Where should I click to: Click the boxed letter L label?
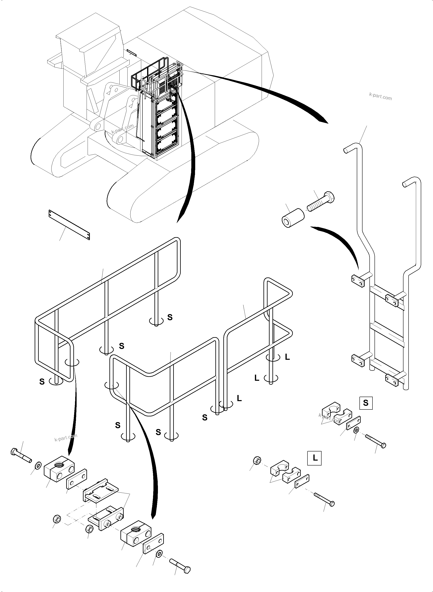click(314, 458)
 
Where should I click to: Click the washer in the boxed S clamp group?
click(356, 430)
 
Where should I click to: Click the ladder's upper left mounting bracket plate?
click(358, 281)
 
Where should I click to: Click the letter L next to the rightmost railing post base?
click(287, 357)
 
